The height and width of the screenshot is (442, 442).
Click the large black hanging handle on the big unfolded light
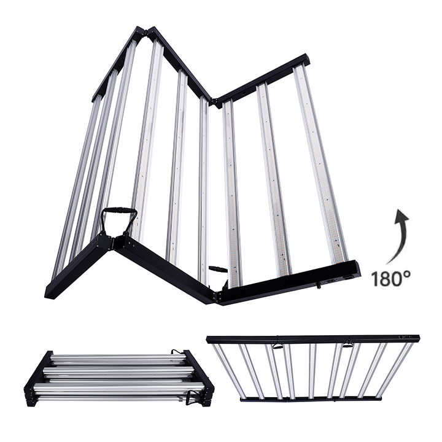120,219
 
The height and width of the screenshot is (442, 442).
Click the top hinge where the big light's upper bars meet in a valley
213,101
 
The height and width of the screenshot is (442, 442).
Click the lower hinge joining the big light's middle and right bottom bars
216,296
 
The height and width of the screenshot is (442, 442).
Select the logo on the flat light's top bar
405,337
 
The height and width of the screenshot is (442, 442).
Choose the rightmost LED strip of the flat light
399,369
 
